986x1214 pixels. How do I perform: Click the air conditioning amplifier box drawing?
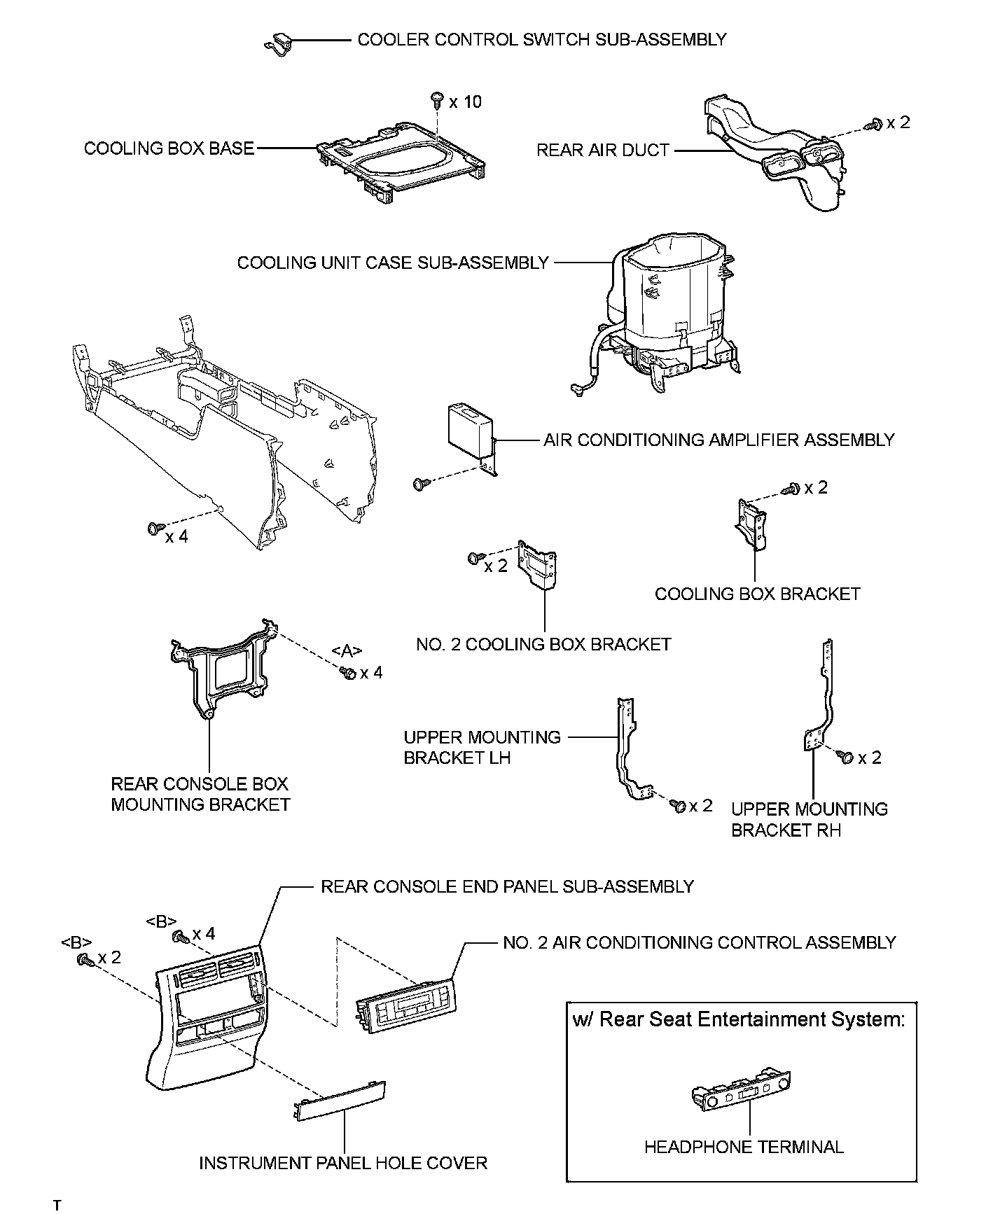[x=470, y=428]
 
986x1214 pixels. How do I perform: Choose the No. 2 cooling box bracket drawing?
[x=538, y=564]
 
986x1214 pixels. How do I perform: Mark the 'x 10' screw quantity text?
[x=466, y=102]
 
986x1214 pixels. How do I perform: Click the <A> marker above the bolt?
[x=347, y=651]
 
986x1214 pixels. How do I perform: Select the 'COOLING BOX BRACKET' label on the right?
[x=757, y=594]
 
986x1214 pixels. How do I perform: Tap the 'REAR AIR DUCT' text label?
[x=603, y=150]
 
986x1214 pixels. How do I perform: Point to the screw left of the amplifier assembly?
[x=421, y=483]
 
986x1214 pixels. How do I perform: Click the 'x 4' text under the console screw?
[x=176, y=538]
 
